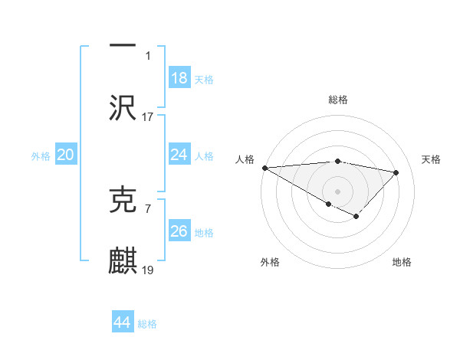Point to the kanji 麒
click(123, 260)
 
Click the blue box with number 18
click(179, 78)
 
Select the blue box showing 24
click(179, 155)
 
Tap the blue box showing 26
click(179, 231)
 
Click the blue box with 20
click(65, 155)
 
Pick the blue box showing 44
click(122, 322)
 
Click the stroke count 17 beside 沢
click(148, 117)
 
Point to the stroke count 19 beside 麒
click(148, 270)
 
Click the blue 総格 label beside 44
click(147, 324)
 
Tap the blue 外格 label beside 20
click(41, 156)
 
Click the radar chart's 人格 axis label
click(244, 159)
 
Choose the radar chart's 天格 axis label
click(431, 159)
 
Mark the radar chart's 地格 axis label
click(402, 262)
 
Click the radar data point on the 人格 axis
click(264, 168)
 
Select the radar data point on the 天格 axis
click(396, 172)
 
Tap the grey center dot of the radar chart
click(337, 190)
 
